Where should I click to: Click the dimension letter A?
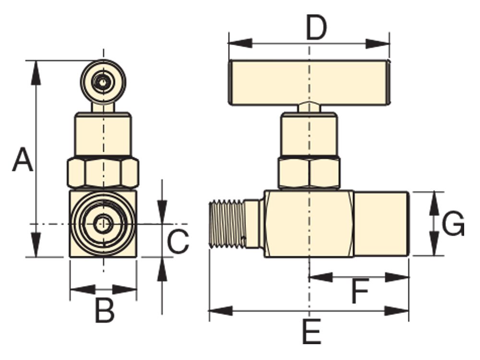pos(23,160)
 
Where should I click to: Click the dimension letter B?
pos(104,311)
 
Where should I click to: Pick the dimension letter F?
pos(360,292)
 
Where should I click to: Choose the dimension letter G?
pos(453,224)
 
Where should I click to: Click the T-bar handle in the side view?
pos(308,82)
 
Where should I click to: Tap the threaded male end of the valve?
pos(228,225)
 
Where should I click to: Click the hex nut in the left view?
pos(102,173)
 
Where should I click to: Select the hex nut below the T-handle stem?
pos(309,172)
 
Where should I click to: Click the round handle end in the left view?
pos(103,82)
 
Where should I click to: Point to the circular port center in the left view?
pos(103,224)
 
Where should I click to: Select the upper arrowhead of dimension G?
pos(434,201)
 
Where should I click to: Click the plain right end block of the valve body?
pos(381,224)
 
